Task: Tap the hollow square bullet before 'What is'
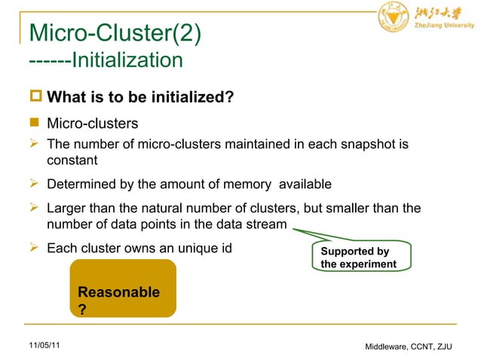pyautogui.click(x=35, y=99)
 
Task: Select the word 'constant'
pyautogui.click(x=72, y=160)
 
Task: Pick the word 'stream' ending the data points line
pyautogui.click(x=266, y=224)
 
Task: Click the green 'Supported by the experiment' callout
pyautogui.click(x=360, y=258)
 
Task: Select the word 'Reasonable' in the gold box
pyautogui.click(x=118, y=292)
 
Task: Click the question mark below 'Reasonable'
pyautogui.click(x=82, y=309)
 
